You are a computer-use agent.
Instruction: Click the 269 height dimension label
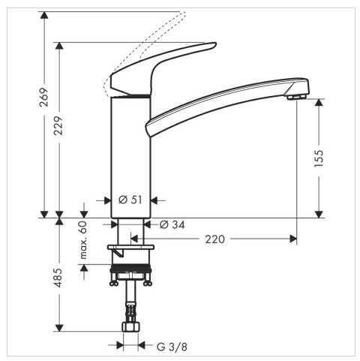click(x=44, y=97)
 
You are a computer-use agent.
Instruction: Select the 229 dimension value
click(x=59, y=126)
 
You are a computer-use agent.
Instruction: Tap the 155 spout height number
click(x=319, y=158)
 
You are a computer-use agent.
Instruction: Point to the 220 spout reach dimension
click(x=214, y=239)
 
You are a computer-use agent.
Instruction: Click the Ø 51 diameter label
click(x=130, y=200)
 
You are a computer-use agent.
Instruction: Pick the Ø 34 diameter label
click(x=172, y=224)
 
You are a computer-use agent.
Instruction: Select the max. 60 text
click(x=83, y=240)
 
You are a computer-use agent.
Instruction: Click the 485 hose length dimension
click(x=58, y=278)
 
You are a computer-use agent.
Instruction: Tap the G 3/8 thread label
click(x=172, y=347)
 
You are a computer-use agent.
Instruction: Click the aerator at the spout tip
click(x=296, y=97)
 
